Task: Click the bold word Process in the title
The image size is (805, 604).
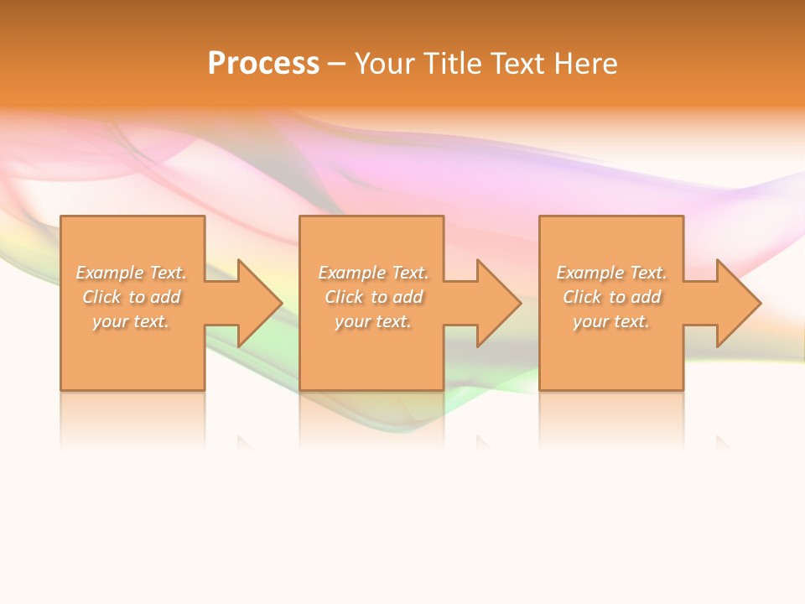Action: (263, 64)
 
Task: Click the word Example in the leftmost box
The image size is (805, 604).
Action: (110, 273)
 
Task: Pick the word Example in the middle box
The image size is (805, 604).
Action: (352, 273)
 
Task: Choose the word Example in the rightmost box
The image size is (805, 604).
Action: (590, 273)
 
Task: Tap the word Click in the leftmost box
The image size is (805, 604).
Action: (101, 297)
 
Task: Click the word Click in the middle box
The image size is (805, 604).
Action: (343, 297)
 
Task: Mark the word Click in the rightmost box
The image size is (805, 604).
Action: (581, 297)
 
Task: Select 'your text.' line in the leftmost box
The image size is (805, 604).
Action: (131, 321)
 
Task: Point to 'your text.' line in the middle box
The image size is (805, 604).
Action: (373, 321)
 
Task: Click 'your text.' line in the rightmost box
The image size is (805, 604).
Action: (611, 321)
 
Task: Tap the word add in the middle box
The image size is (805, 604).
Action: (408, 297)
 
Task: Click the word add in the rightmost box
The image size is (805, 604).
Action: (646, 297)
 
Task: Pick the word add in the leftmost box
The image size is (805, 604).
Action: (165, 297)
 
